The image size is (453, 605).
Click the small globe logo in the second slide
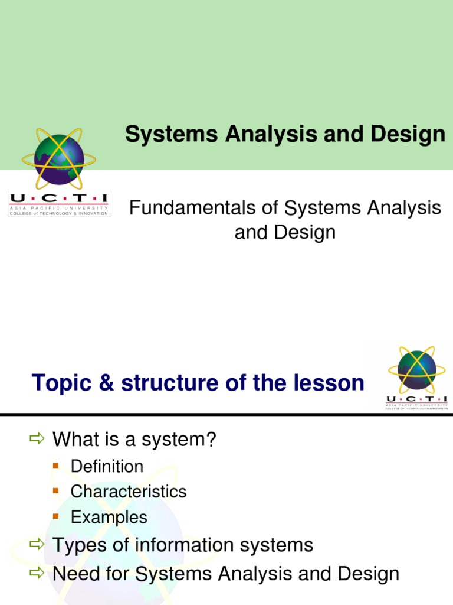pyautogui.click(x=416, y=369)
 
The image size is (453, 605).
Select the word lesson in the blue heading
pyautogui.click(x=330, y=383)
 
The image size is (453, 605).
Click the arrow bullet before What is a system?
pyautogui.click(x=37, y=439)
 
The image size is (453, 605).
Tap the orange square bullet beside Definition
pyautogui.click(x=56, y=466)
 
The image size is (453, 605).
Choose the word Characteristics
pyautogui.click(x=128, y=492)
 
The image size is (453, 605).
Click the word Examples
pyautogui.click(x=109, y=518)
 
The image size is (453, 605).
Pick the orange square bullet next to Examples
pyautogui.click(x=56, y=517)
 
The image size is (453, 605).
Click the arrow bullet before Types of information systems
pyautogui.click(x=37, y=544)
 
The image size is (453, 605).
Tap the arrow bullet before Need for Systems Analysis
pyautogui.click(x=37, y=573)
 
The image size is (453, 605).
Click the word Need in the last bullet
pyautogui.click(x=74, y=573)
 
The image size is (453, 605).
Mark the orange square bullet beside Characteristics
pyautogui.click(x=56, y=492)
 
